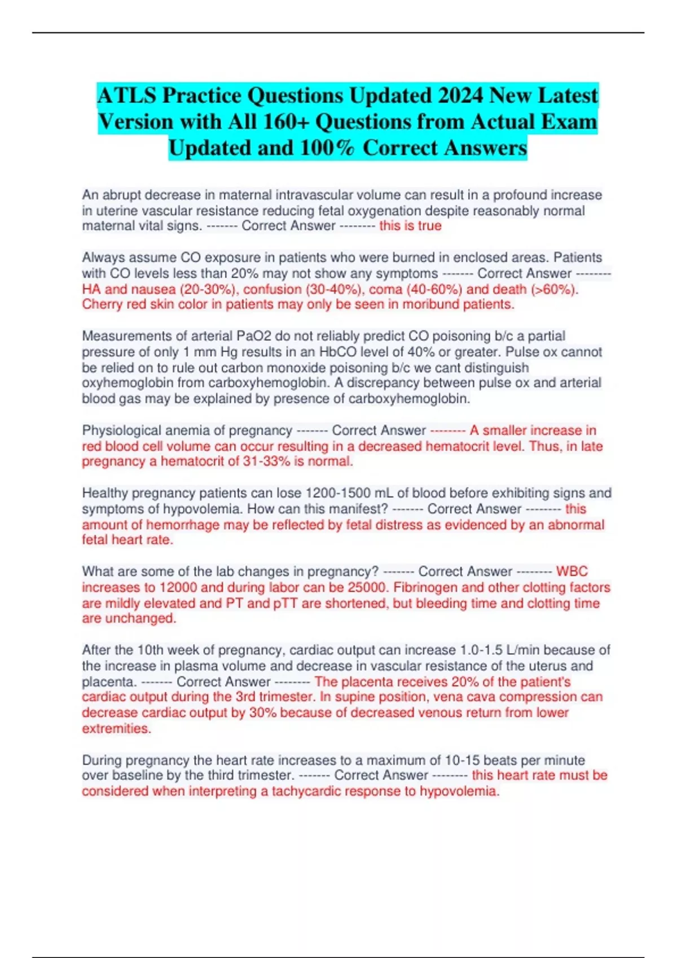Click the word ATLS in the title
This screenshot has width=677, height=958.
coord(127,96)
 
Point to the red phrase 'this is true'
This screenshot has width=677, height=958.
coord(410,226)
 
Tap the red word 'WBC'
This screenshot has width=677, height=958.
coord(572,571)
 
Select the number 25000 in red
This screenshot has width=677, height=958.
coord(368,587)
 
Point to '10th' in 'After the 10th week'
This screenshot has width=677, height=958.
coord(151,650)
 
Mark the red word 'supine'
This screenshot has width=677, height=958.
coord(360,697)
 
